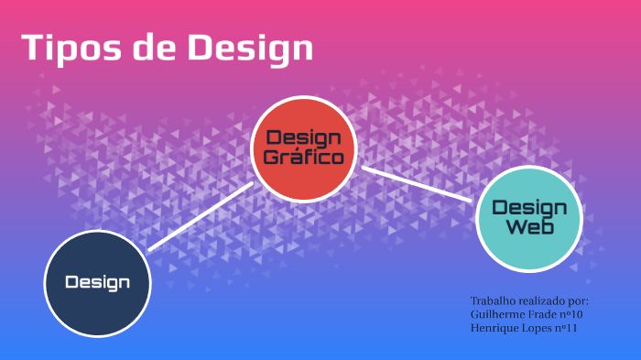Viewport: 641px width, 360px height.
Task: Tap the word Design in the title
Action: (250, 48)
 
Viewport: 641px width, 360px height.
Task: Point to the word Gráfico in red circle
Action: (303, 157)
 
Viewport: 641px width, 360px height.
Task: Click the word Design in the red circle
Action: (303, 138)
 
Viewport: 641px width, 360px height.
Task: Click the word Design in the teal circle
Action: (529, 208)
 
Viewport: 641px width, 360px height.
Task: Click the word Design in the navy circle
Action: (97, 282)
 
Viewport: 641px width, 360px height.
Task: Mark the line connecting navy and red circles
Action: (201, 215)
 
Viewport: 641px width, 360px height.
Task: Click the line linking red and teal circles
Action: (417, 182)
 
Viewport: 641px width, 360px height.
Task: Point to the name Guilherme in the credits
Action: (496, 314)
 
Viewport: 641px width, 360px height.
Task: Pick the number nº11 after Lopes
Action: (569, 328)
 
